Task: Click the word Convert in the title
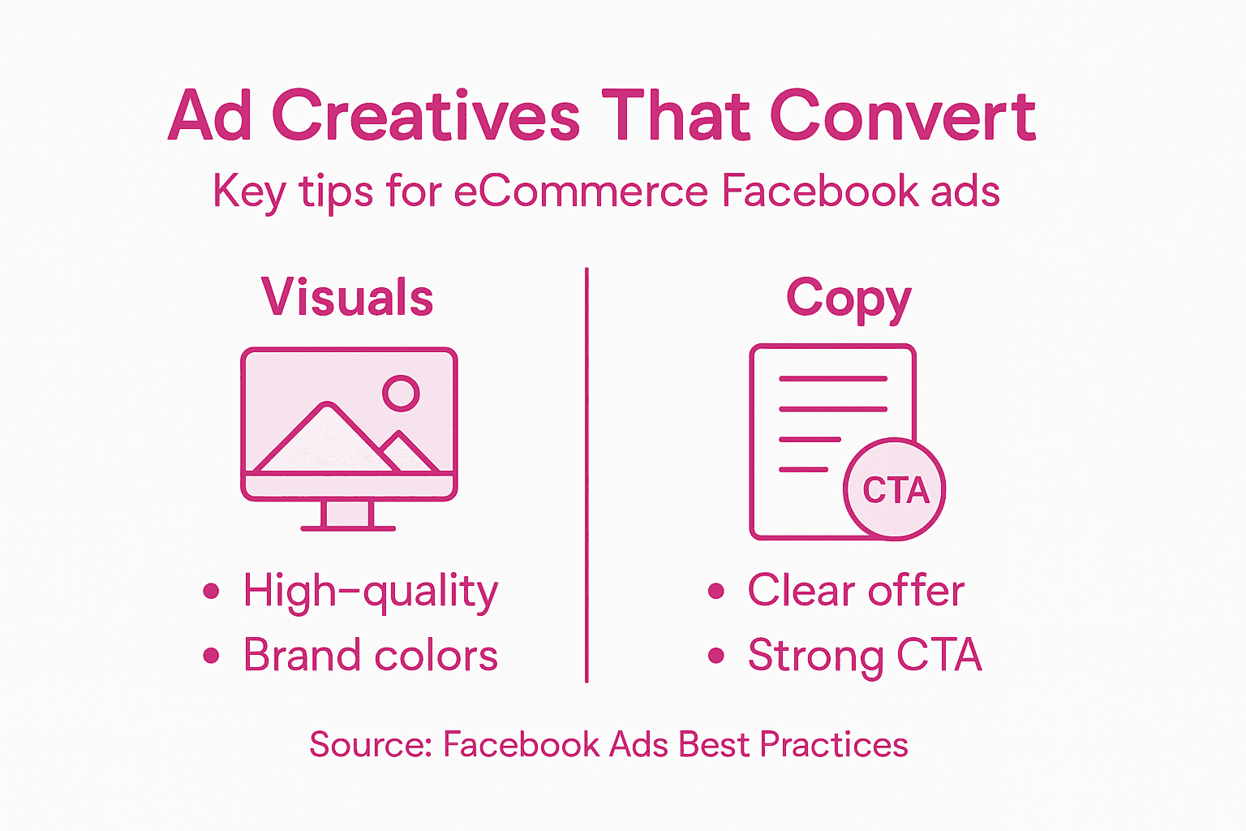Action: click(x=902, y=116)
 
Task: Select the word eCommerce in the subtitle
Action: click(x=581, y=192)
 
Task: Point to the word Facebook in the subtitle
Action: click(x=819, y=192)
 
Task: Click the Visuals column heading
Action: click(x=347, y=297)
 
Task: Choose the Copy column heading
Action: click(x=849, y=299)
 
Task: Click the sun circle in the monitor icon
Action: click(x=401, y=393)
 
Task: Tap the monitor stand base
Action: click(x=348, y=528)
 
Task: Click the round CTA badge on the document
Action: click(x=895, y=489)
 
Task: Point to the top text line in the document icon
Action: click(x=832, y=379)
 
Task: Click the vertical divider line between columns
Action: click(x=586, y=475)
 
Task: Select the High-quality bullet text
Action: click(x=371, y=591)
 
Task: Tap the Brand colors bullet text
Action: click(x=371, y=655)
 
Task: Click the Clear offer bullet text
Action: click(x=856, y=590)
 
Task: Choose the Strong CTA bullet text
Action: click(x=865, y=656)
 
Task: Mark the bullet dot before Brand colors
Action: click(x=212, y=656)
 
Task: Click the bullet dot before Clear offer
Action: click(x=715, y=591)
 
